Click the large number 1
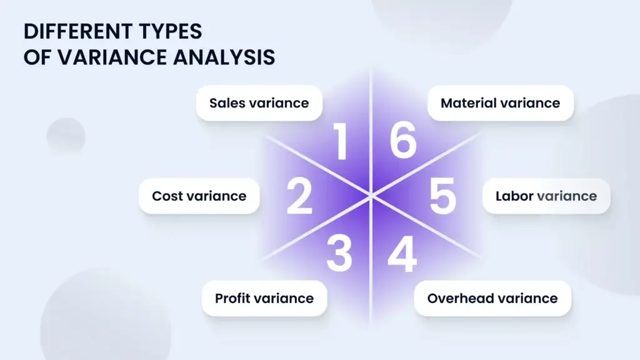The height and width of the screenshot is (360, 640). point(341,142)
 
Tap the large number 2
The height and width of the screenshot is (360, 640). point(299,196)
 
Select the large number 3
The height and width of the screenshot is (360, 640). point(339,252)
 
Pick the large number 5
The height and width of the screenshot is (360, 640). point(443,196)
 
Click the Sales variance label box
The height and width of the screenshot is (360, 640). point(259,102)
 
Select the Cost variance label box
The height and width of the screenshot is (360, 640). point(199,196)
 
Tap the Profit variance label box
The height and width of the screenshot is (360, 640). point(264,298)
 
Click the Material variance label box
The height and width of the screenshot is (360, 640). point(500,102)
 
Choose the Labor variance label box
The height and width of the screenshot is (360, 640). point(546,196)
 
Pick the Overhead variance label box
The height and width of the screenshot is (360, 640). point(492,298)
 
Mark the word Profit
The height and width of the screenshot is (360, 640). point(233,298)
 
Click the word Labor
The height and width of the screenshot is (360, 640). point(514,196)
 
